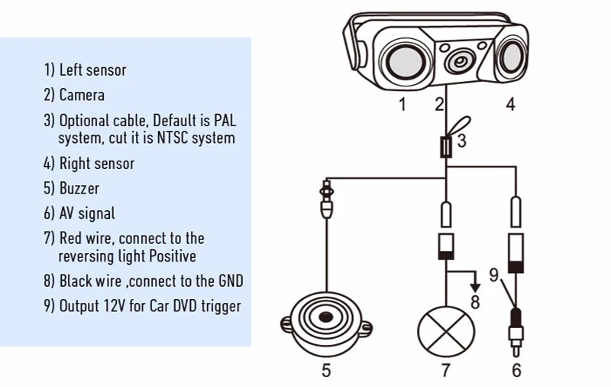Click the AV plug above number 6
point(516,325)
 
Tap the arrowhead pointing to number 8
point(474,287)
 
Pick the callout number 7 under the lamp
point(446,371)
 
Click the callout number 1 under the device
point(402,105)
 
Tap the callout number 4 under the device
point(510,104)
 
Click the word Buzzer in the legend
point(79,188)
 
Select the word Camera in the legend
point(82,96)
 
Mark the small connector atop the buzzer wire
point(327,188)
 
